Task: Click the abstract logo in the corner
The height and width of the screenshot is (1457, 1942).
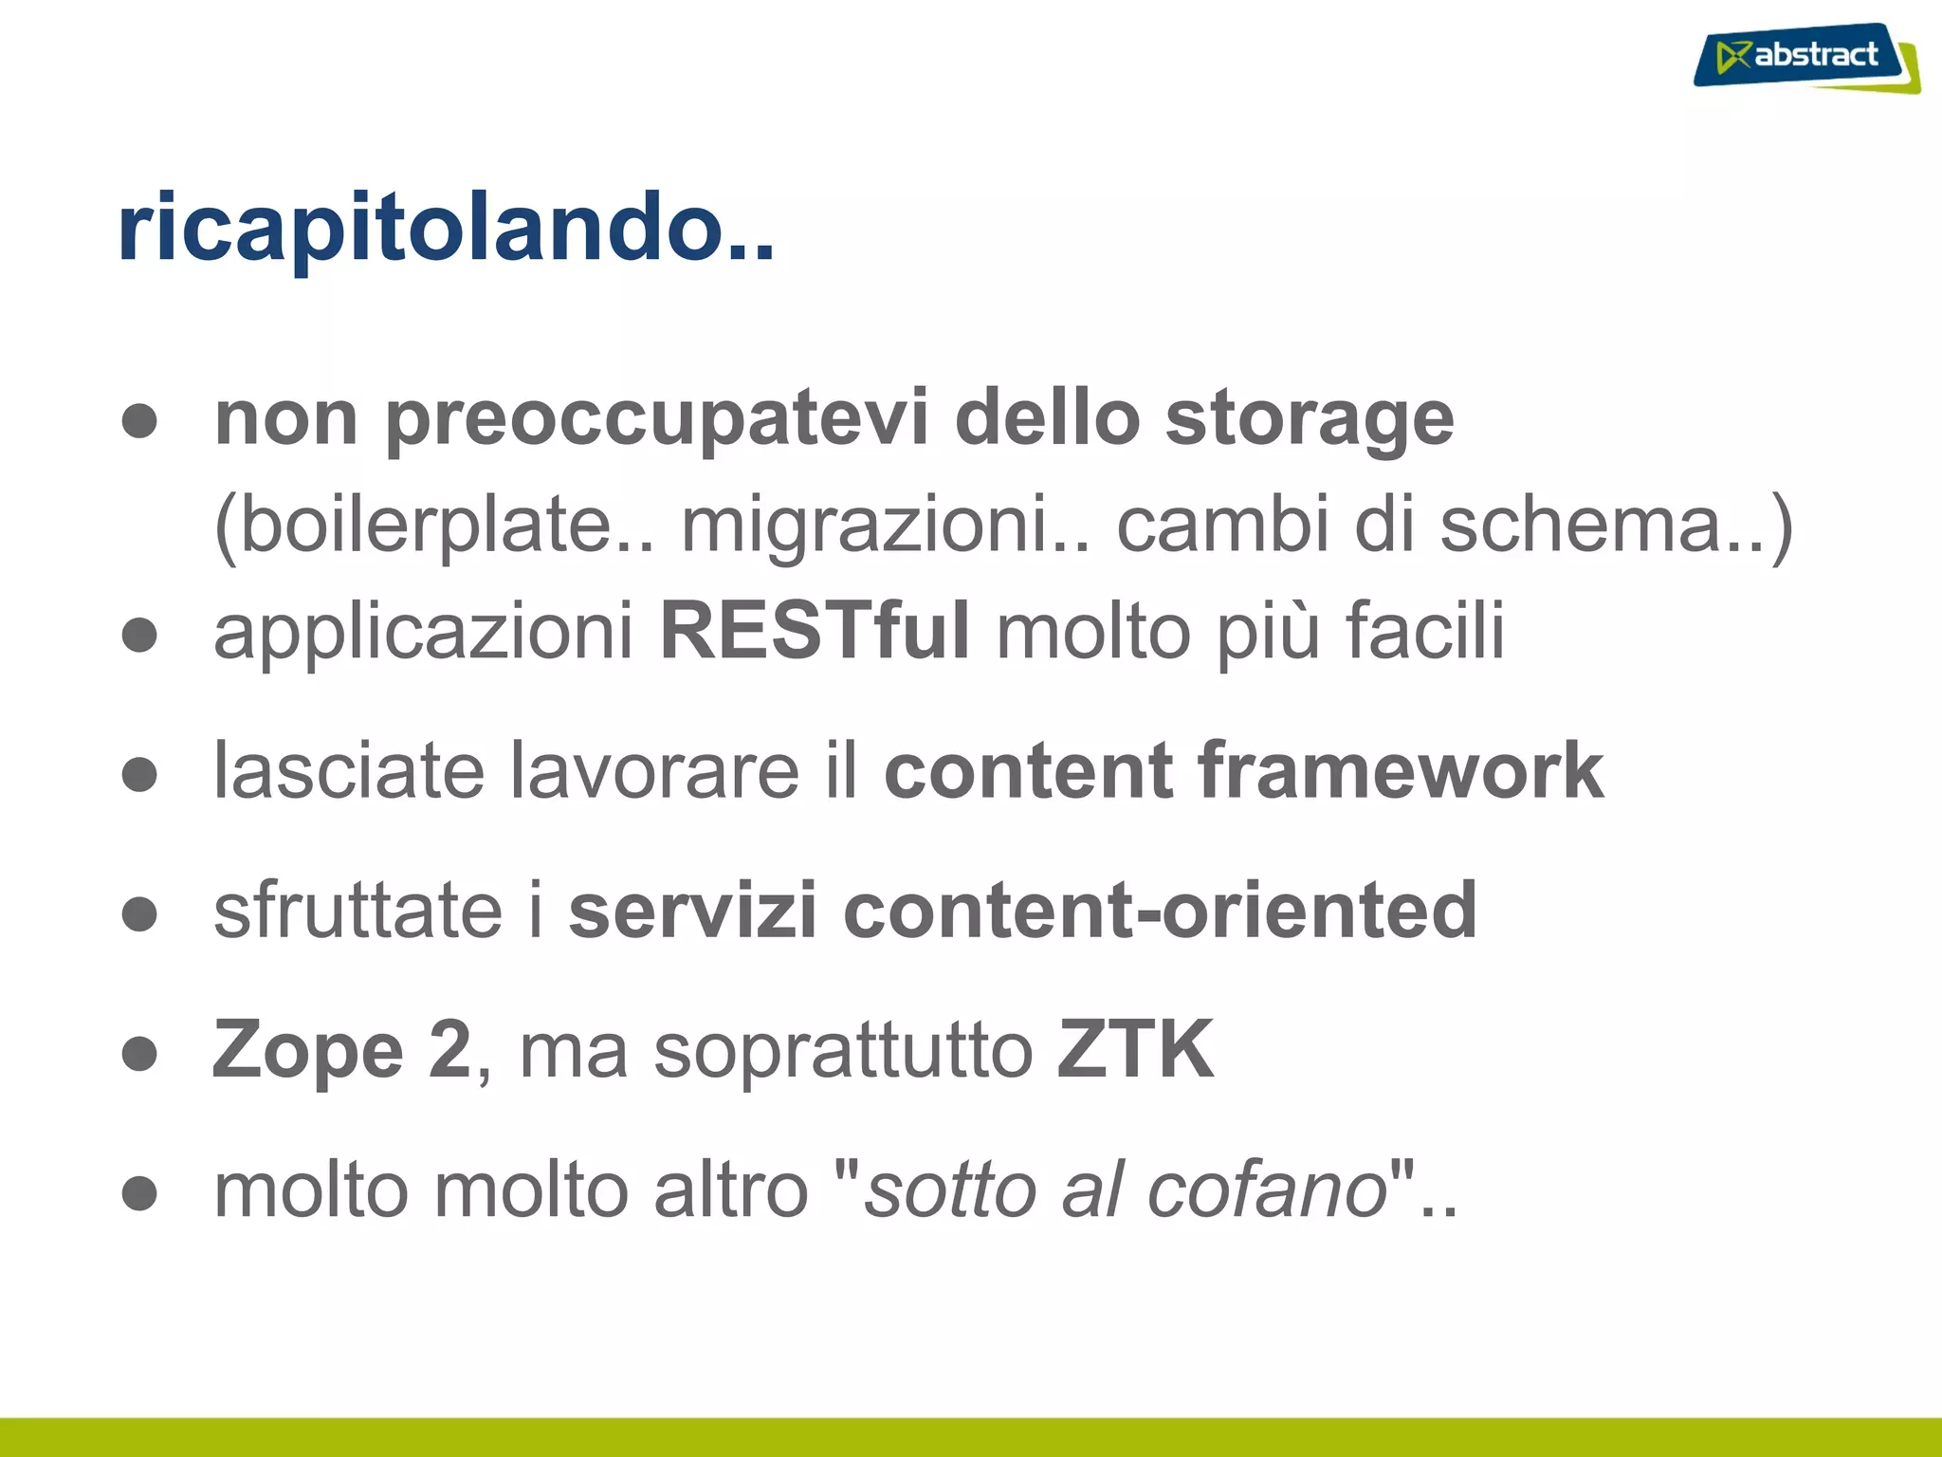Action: pos(1805,57)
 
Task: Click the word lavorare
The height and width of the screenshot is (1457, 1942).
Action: pos(654,770)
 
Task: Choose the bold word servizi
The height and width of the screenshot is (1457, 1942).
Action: pos(692,911)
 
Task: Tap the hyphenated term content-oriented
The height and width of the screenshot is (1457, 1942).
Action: pos(1159,911)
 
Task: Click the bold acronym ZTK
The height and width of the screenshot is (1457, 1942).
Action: pos(1135,1049)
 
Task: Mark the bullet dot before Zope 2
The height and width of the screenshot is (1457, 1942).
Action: pos(139,1053)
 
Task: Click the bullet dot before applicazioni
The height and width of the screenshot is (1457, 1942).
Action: pos(139,635)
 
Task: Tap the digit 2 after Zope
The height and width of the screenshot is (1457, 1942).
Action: pos(449,1049)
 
